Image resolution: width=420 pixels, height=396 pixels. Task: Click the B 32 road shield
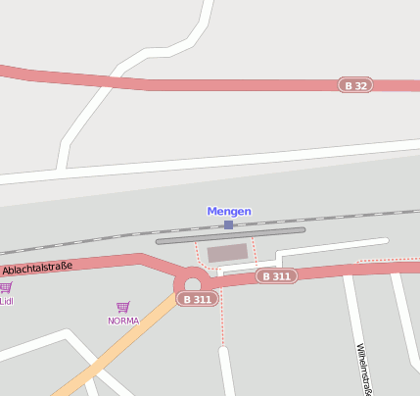point(356,85)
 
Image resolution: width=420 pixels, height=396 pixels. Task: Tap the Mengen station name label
point(228,211)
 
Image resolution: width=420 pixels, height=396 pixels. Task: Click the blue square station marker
point(228,224)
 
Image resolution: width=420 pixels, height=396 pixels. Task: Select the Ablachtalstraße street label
point(37,268)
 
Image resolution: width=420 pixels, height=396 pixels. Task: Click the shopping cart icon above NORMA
point(122,308)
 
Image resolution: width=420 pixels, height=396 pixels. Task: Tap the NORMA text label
point(122,321)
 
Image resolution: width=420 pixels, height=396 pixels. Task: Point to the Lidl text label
point(6,301)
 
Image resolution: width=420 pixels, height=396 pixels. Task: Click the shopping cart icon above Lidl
point(5,288)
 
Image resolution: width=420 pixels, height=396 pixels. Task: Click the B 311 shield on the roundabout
point(196,299)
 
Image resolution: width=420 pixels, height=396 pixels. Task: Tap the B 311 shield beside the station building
point(276,276)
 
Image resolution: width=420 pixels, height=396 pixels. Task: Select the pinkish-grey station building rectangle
point(227,253)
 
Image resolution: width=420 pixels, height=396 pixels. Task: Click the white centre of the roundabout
point(192,283)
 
